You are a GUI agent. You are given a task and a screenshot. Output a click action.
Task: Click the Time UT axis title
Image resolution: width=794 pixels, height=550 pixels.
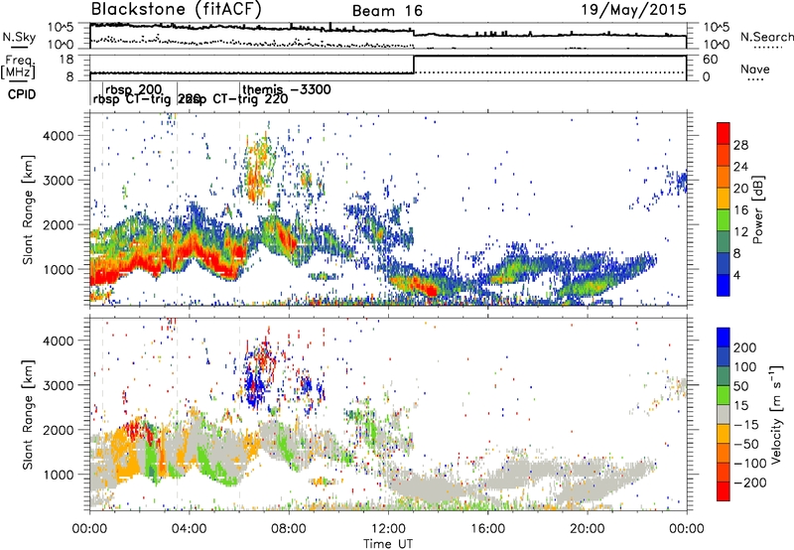coord(388,541)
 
